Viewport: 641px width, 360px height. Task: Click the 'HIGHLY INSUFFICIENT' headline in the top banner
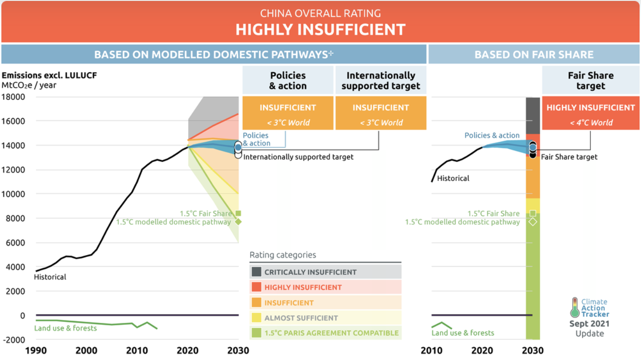(320, 29)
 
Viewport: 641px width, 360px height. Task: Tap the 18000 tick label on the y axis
(13, 97)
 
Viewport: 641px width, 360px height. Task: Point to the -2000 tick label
(14, 340)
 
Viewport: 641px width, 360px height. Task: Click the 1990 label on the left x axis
(36, 350)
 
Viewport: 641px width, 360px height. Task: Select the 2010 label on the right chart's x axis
(432, 350)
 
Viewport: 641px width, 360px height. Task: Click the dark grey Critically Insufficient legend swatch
(256, 272)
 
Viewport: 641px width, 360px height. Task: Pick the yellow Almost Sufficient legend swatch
(256, 318)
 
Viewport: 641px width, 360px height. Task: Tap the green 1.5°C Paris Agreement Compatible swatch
(256, 333)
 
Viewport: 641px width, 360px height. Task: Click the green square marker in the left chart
(238, 213)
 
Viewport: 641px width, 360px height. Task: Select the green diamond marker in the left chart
(238, 222)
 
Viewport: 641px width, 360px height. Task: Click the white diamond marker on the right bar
(532, 222)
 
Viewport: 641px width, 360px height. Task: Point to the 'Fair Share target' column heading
(591, 81)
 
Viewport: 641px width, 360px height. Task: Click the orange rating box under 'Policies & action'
(288, 113)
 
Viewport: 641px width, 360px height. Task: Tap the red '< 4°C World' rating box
(591, 113)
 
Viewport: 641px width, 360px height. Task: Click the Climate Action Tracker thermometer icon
(575, 308)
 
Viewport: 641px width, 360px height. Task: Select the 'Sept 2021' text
(589, 324)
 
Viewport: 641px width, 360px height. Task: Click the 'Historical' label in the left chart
(50, 277)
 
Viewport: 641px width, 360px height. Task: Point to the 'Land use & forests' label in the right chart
(463, 333)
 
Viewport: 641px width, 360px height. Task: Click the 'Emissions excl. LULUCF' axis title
(49, 75)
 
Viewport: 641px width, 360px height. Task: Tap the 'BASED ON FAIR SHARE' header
(534, 54)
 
